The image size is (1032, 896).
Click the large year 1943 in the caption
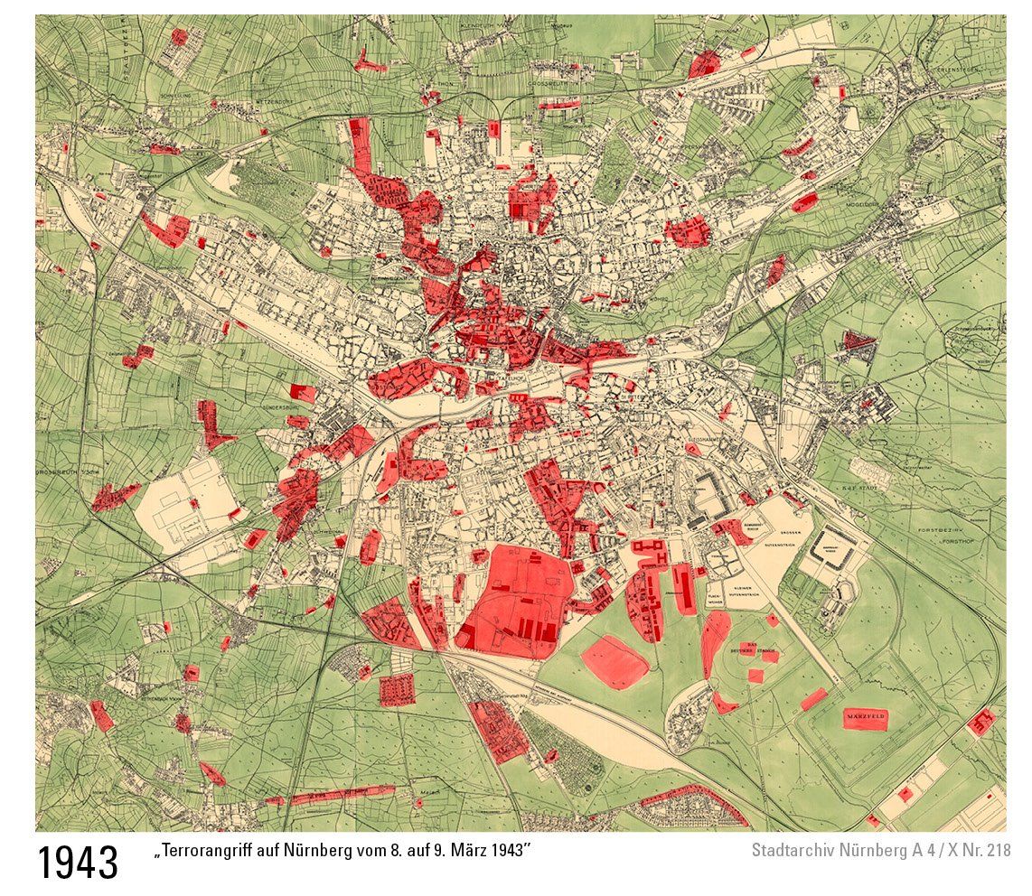(x=78, y=863)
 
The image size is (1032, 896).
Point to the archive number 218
(x=997, y=851)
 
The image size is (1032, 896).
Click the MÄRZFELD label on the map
(x=866, y=719)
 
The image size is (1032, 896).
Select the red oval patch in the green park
(x=615, y=662)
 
